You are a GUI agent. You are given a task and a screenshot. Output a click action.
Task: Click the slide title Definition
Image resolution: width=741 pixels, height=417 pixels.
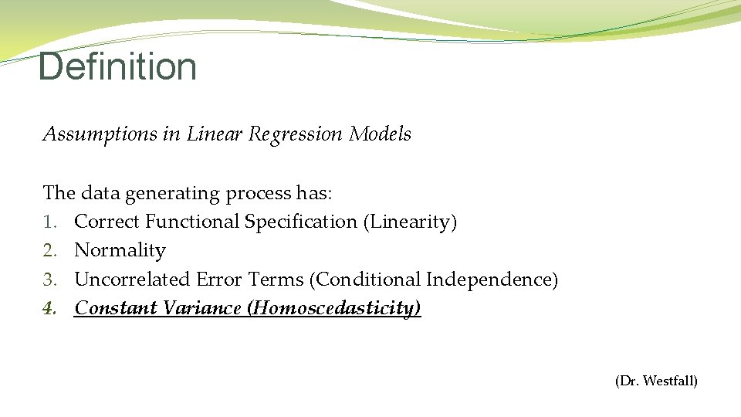click(117, 66)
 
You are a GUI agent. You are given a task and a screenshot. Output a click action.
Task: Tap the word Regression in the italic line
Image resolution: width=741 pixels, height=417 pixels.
click(295, 134)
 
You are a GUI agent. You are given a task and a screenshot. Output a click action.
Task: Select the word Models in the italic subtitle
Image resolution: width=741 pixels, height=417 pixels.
click(380, 134)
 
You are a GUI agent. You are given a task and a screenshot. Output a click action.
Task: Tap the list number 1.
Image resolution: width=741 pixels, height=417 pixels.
click(48, 222)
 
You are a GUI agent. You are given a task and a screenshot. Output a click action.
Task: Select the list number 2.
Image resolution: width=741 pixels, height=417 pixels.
click(49, 251)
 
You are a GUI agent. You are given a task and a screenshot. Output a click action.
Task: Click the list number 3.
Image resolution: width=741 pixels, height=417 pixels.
click(49, 280)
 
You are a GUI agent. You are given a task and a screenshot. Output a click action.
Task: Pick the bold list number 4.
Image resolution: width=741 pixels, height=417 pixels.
click(49, 308)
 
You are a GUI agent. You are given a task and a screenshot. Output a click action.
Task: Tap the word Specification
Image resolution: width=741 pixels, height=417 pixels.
click(300, 222)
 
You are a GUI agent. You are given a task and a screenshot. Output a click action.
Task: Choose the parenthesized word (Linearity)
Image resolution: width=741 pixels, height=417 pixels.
click(410, 222)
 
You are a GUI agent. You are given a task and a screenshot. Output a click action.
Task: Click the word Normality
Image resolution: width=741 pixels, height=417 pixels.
click(120, 251)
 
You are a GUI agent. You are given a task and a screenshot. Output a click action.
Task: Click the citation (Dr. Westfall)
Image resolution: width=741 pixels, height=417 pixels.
click(656, 381)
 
